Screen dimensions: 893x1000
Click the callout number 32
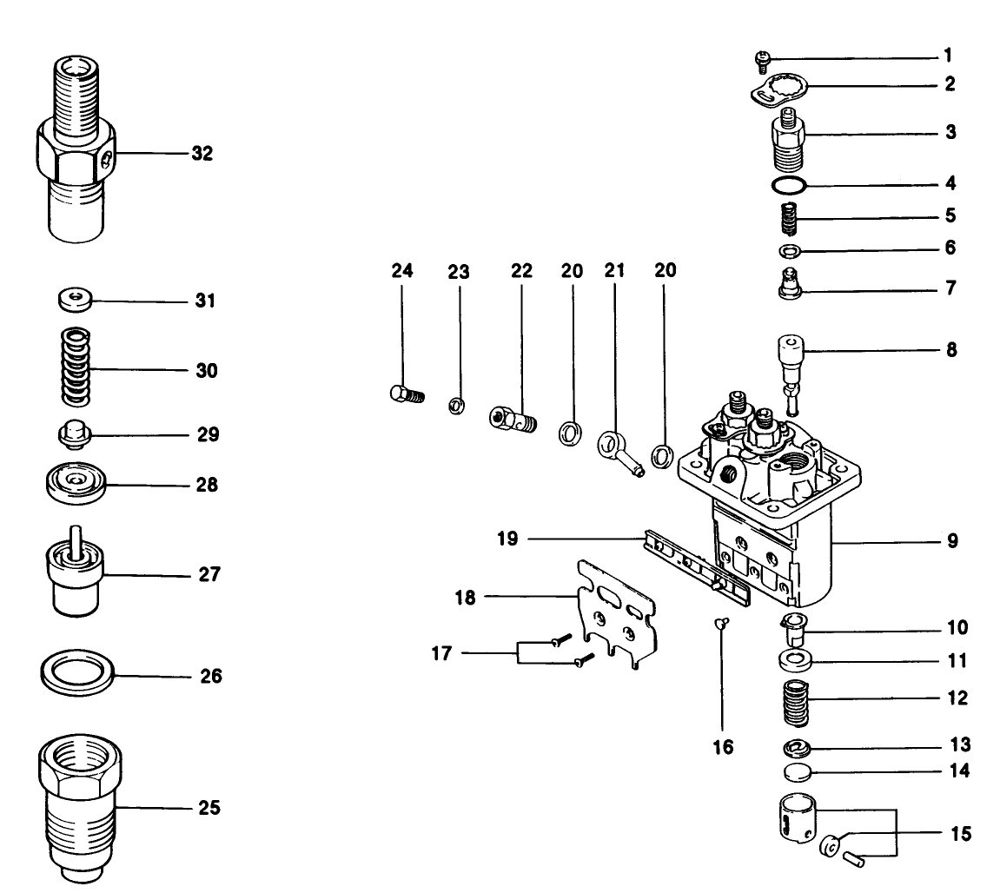pyautogui.click(x=202, y=155)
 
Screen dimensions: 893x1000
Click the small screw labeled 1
pyautogui.click(x=761, y=58)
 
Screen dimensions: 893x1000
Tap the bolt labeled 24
pyautogui.click(x=405, y=394)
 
